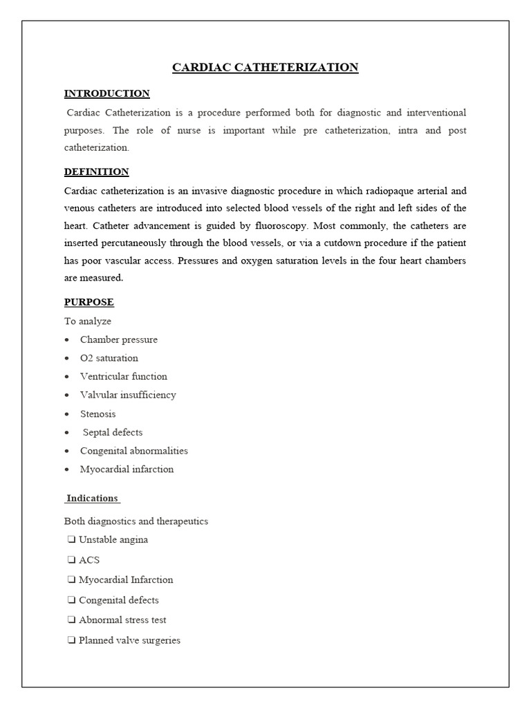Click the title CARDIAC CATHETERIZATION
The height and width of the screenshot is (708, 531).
click(265, 67)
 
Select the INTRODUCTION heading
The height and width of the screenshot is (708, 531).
click(106, 93)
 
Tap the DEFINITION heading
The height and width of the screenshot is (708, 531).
click(96, 171)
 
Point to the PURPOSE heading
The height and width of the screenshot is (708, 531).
click(89, 302)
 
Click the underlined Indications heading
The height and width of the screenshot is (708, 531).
click(93, 498)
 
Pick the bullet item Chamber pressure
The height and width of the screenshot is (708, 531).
click(119, 339)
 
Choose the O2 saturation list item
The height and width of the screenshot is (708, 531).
click(109, 358)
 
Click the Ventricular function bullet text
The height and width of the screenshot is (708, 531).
click(124, 376)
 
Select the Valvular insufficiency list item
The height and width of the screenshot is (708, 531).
click(128, 395)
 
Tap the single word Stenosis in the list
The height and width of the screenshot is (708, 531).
click(98, 413)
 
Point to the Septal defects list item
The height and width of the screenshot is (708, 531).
click(113, 432)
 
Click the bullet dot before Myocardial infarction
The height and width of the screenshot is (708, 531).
click(66, 469)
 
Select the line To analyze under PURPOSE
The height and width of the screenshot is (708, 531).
click(88, 321)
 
